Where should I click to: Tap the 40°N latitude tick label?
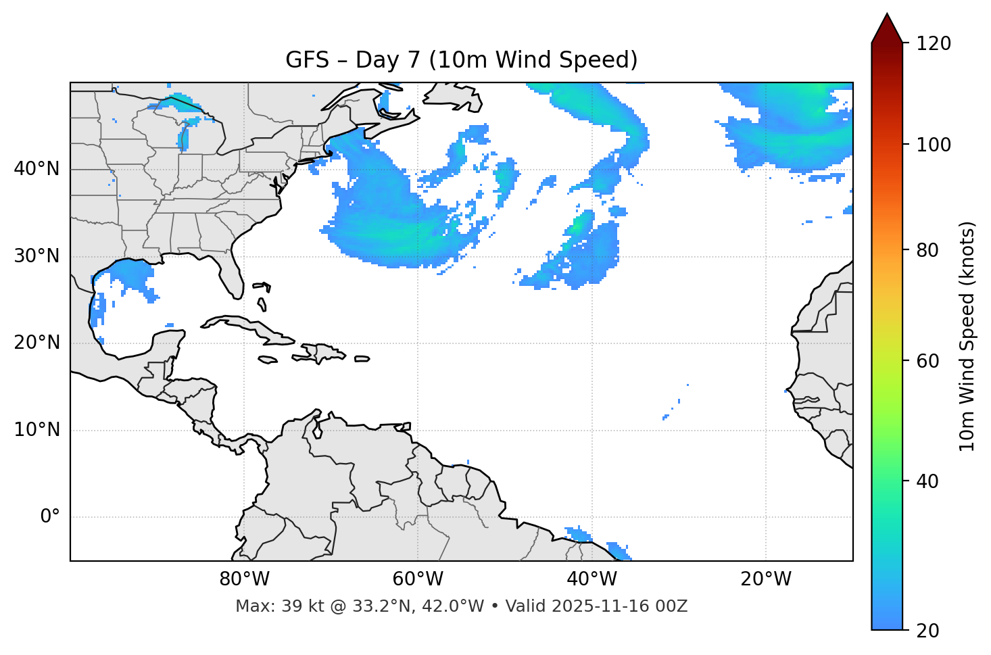point(37,169)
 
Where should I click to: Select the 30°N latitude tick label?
point(37,256)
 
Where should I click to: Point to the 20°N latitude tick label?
point(37,343)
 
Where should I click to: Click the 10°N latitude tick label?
point(37,430)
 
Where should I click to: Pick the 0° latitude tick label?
point(50,517)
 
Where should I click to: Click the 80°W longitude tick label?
point(244,579)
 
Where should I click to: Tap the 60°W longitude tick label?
point(418,579)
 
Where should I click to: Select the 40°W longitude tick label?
point(591,579)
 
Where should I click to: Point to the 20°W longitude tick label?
point(765,579)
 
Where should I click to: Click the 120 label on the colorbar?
point(934,44)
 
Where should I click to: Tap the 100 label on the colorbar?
point(934,145)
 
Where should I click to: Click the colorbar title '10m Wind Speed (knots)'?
point(967,336)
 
